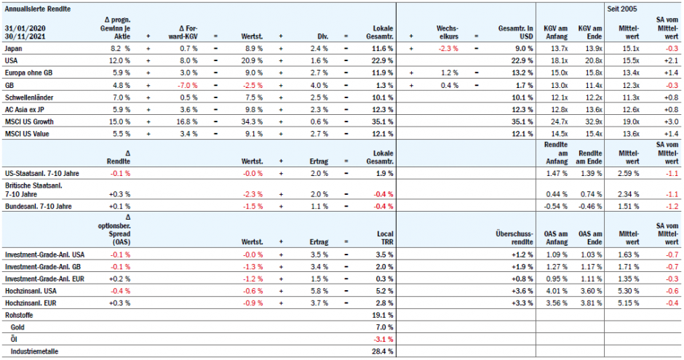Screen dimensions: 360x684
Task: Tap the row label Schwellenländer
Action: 28,97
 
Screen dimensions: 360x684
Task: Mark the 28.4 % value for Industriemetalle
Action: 382,351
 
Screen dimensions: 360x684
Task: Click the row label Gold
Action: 17,328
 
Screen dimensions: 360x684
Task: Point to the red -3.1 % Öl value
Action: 382,340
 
